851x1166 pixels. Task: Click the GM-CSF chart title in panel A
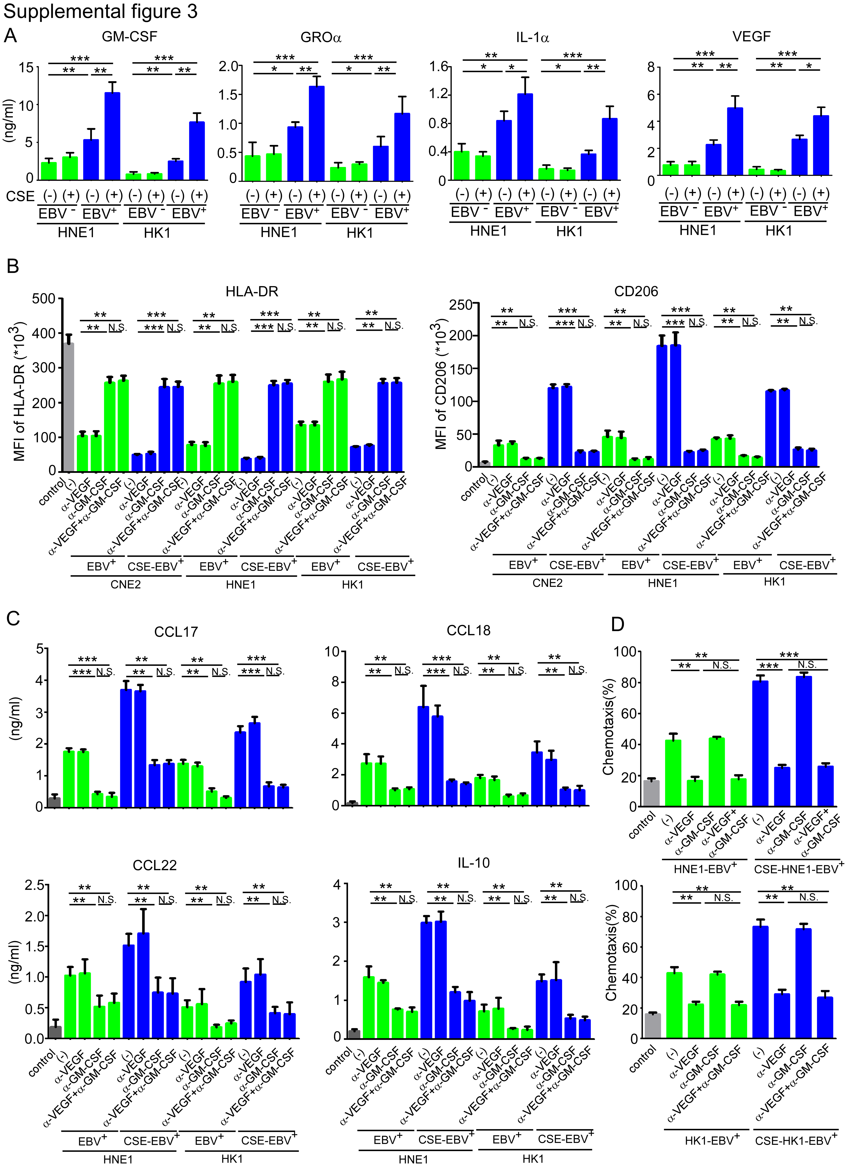[x=129, y=37]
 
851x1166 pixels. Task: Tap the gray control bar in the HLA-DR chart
[x=68, y=407]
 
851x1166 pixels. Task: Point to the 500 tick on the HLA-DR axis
[x=44, y=299]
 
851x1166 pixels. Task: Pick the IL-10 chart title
[x=474, y=863]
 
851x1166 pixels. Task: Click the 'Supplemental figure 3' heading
[x=100, y=11]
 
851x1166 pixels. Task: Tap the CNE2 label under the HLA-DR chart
[x=126, y=584]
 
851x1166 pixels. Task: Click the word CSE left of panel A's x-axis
[x=20, y=196]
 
